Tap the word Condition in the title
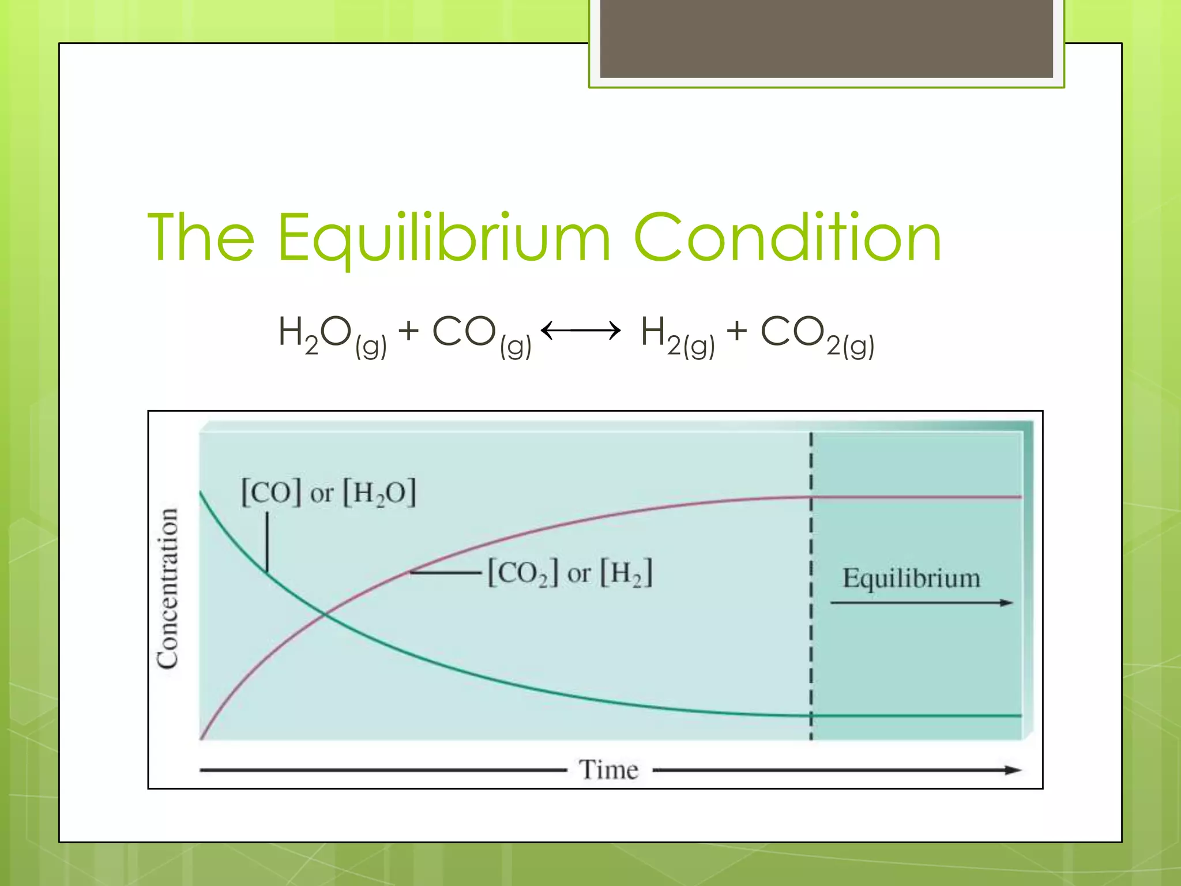tap(787, 237)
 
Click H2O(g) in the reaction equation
tap(332, 335)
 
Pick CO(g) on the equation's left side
tap(482, 335)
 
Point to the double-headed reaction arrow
tap(581, 331)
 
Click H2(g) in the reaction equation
tap(678, 335)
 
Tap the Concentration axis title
tap(168, 588)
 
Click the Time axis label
tap(609, 770)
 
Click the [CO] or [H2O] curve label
tap(328, 493)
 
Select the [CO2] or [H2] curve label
tap(570, 573)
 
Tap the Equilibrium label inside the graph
tap(911, 578)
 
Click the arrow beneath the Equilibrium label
tap(921, 603)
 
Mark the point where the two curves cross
tap(325, 615)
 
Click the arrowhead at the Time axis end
tap(1013, 770)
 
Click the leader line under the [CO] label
tap(267, 542)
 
